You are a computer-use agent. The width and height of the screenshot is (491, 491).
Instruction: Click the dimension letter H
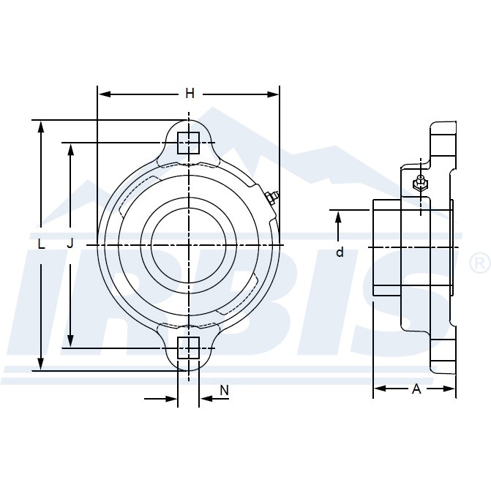[x=190, y=94]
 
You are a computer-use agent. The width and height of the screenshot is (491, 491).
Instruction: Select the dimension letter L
[x=41, y=244]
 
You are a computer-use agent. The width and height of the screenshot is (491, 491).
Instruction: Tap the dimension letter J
[x=70, y=244]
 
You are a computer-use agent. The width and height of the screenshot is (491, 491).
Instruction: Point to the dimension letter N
[x=225, y=391]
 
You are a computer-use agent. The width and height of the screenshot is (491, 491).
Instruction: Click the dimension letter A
[x=416, y=389]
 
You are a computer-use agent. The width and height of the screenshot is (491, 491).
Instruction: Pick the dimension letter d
[x=339, y=252]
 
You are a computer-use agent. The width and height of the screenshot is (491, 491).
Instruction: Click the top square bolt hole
[x=189, y=142]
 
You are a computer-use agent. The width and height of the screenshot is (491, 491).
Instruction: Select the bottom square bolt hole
[x=189, y=348]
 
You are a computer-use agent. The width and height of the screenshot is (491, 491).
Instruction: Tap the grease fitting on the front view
[x=271, y=197]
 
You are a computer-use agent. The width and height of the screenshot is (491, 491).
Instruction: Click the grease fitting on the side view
[x=420, y=182]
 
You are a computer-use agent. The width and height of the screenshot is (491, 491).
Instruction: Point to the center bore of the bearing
[x=189, y=244]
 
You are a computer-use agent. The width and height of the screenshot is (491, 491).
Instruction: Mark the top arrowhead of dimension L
[x=41, y=126]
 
